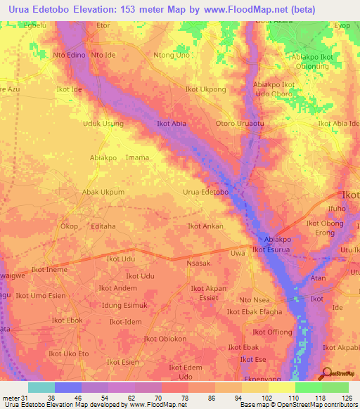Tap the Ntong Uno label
click(x=172, y=55)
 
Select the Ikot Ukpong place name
click(x=205, y=90)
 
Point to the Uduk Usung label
click(x=103, y=124)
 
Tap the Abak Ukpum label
click(x=103, y=192)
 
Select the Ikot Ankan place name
click(x=205, y=226)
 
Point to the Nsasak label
click(x=199, y=262)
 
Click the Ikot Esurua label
click(x=271, y=249)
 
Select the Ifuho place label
click(x=337, y=209)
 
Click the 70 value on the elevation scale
click(x=148, y=397)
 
